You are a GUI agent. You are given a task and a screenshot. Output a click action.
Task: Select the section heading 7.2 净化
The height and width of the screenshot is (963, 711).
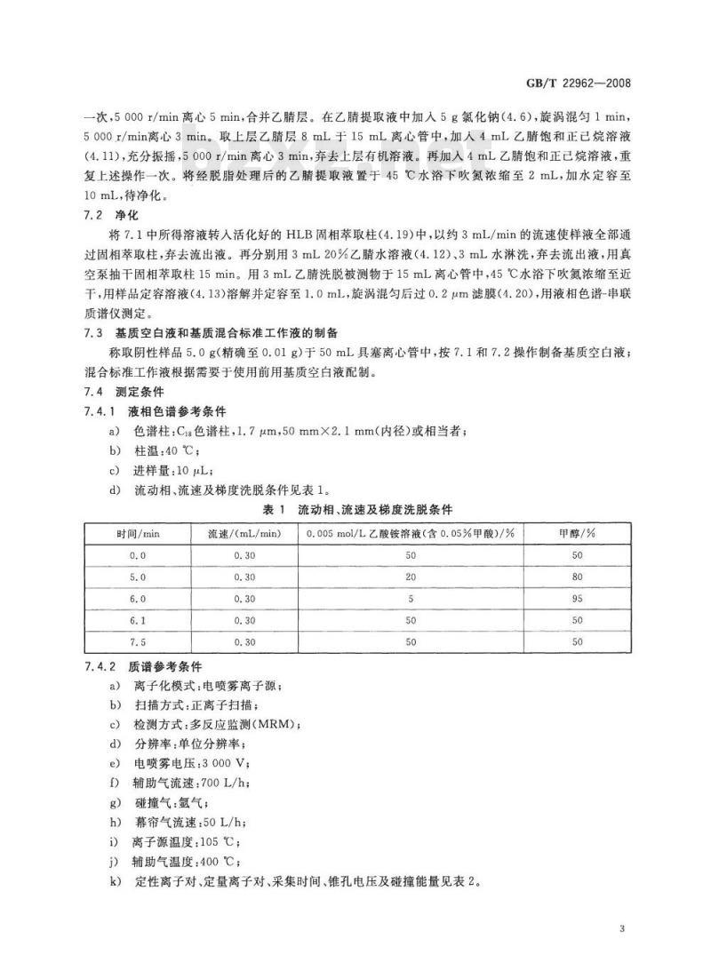(112, 216)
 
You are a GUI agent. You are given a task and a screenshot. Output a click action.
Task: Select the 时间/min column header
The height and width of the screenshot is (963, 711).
(138, 533)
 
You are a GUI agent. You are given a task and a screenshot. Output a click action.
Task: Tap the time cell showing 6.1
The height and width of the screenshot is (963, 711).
(138, 619)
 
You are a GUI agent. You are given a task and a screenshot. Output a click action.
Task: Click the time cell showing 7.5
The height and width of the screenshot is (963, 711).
(138, 641)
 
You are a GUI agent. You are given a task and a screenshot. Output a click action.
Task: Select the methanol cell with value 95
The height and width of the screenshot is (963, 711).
(577, 598)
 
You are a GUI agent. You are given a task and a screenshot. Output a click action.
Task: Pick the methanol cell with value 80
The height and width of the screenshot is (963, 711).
(577, 577)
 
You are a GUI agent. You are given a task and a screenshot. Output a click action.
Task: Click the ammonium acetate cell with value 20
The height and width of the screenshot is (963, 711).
(410, 577)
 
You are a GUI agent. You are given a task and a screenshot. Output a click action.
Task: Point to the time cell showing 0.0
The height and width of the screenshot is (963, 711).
(138, 555)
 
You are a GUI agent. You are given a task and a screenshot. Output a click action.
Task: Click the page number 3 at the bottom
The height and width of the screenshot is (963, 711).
(622, 927)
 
